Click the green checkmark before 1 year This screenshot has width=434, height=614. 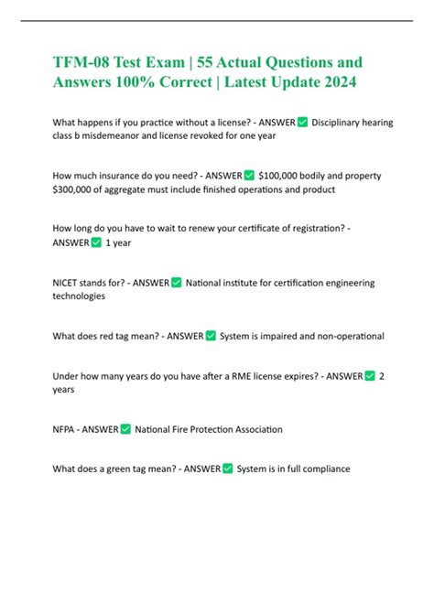pyautogui.click(x=96, y=242)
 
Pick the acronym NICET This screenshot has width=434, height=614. pyautogui.click(x=69, y=283)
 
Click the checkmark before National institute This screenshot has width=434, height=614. pyautogui.click(x=176, y=283)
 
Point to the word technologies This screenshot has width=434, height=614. pyautogui.click(x=79, y=296)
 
